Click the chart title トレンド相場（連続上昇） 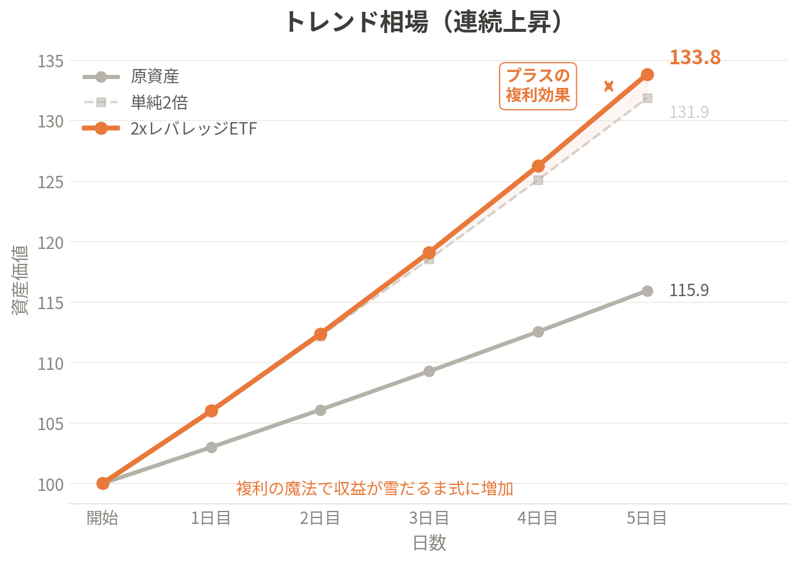423,22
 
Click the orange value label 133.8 694,57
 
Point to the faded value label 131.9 688,112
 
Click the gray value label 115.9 688,290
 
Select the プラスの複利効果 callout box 537,86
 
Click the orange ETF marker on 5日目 647,74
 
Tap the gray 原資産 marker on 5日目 647,291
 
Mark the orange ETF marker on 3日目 429,253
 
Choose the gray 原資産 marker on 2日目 320,410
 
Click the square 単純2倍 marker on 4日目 538,180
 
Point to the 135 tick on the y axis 51,61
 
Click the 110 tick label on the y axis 51,363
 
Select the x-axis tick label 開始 103,518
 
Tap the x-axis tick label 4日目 537,518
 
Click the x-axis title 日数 429,543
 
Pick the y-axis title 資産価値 20,280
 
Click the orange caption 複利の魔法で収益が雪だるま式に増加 375,488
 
